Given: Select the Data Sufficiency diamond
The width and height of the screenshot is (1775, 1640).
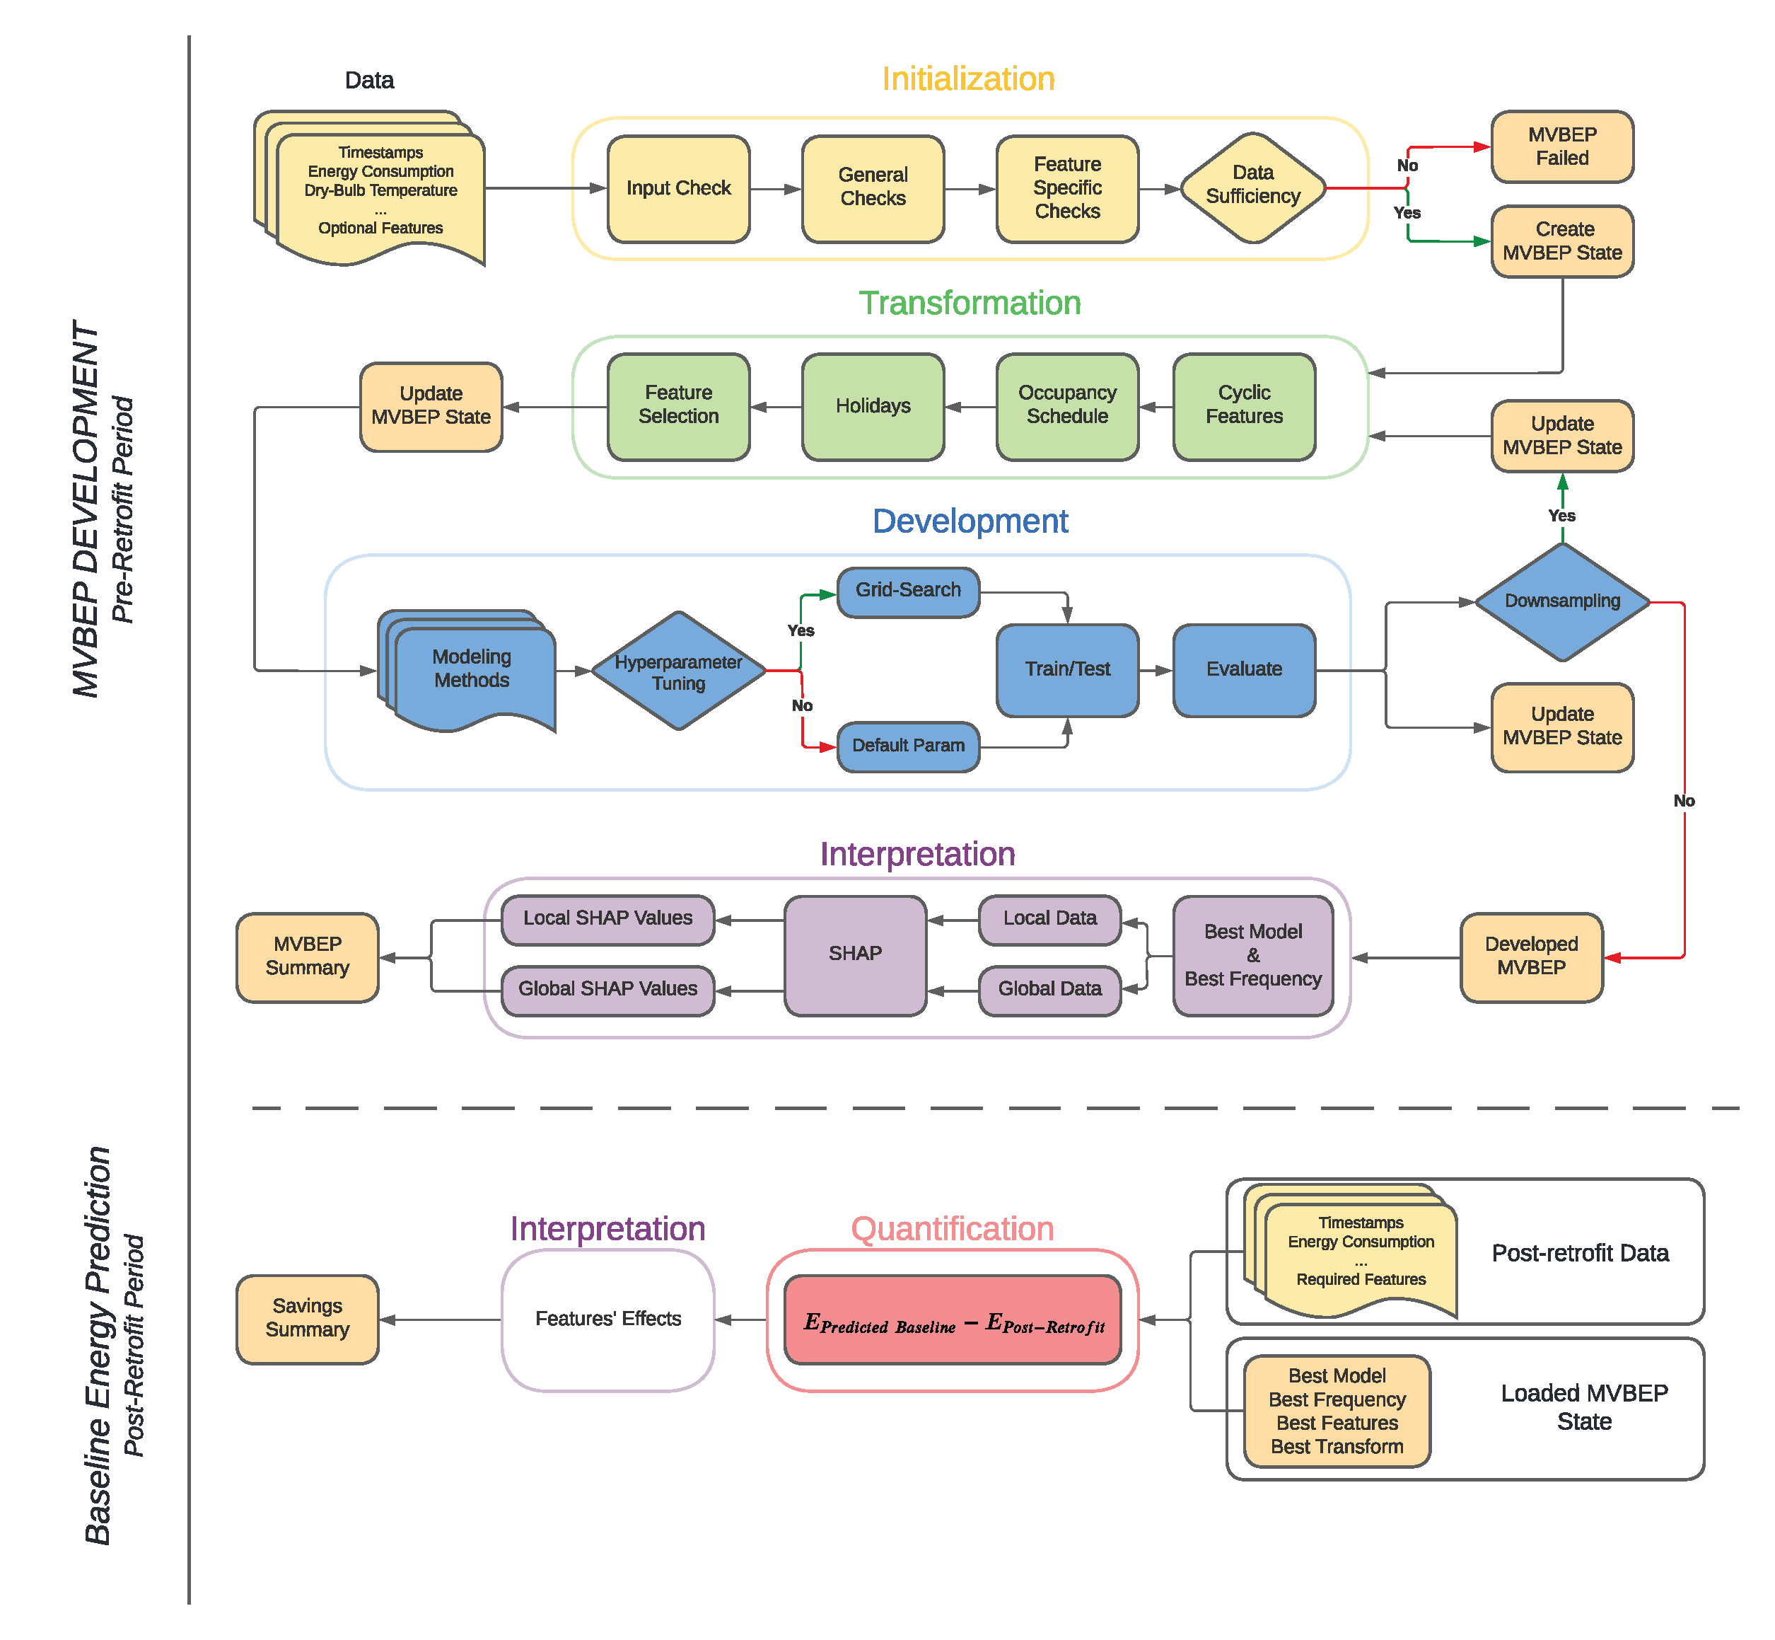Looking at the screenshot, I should pyautogui.click(x=1252, y=185).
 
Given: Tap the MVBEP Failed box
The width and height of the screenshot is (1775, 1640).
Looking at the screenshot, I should pyautogui.click(x=1561, y=146).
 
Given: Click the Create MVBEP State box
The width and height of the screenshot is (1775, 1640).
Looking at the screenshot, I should pyautogui.click(x=1561, y=241).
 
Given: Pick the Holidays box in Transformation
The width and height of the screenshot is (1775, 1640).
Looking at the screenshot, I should pyautogui.click(x=872, y=406).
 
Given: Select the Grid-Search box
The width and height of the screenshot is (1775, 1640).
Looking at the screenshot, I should pyautogui.click(x=907, y=591).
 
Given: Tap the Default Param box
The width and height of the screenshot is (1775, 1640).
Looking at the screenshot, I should pyautogui.click(x=907, y=746).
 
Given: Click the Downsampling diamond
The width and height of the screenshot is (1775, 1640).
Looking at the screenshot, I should pyautogui.click(x=1561, y=601).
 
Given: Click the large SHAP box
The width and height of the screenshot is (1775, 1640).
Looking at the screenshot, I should pyautogui.click(x=854, y=954).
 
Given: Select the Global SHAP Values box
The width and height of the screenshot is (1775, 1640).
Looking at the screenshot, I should pyautogui.click(x=607, y=990).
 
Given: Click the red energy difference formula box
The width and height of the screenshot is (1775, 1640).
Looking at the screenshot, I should pyautogui.click(x=952, y=1319).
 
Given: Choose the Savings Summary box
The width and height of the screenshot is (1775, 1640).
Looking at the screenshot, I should pyautogui.click(x=307, y=1318).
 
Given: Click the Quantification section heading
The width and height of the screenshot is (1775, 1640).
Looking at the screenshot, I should pyautogui.click(x=952, y=1229).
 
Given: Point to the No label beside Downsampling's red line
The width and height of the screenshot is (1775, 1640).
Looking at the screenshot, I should pyautogui.click(x=1683, y=802).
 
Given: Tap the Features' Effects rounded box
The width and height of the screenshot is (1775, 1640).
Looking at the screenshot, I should pyautogui.click(x=607, y=1319).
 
